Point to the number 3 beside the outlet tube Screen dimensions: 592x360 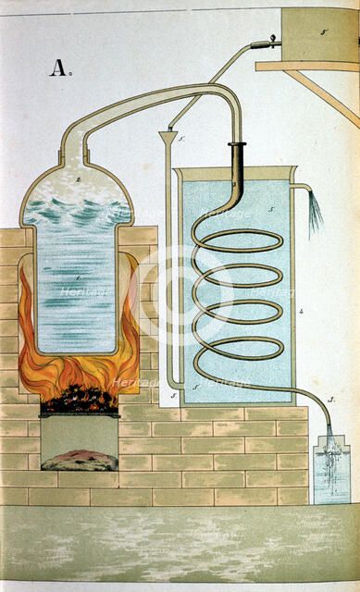(x=329, y=399)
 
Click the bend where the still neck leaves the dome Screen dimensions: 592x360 (x=70, y=140)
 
